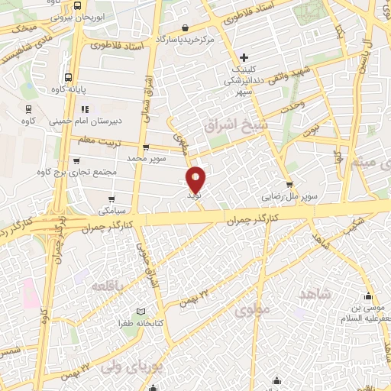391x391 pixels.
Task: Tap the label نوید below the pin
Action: (x=196, y=196)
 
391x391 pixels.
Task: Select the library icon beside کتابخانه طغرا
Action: (x=139, y=312)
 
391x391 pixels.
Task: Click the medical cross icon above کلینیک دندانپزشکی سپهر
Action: (x=244, y=58)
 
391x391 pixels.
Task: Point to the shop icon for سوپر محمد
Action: (x=146, y=147)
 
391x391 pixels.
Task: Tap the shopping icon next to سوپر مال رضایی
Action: (x=289, y=184)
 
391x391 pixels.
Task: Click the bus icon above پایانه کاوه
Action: (x=69, y=77)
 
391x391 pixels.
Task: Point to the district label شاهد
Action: (x=315, y=296)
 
